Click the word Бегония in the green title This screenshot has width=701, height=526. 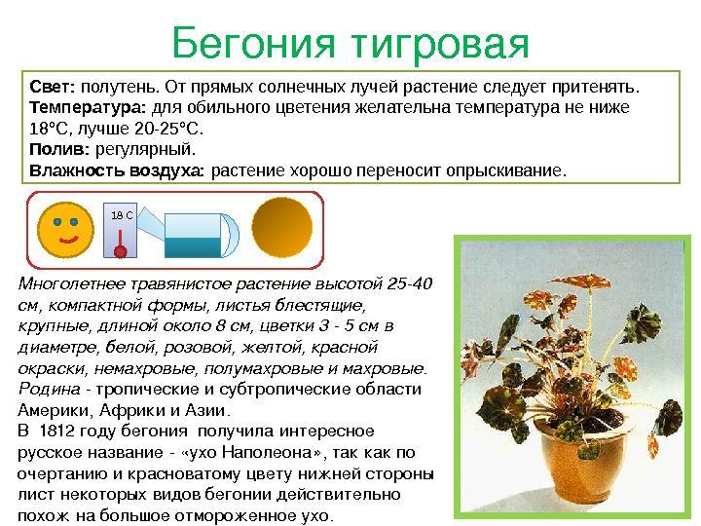click(x=253, y=44)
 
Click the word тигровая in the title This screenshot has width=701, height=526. click(x=439, y=45)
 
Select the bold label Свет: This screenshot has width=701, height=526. click(x=53, y=87)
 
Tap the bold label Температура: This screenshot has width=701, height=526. click(x=88, y=108)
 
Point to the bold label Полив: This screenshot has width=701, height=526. click(x=59, y=149)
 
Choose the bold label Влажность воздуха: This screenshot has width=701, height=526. click(x=117, y=170)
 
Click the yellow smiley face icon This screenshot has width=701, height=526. click(x=66, y=230)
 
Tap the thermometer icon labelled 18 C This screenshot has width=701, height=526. click(x=121, y=230)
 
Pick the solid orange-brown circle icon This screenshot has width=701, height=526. click(x=281, y=227)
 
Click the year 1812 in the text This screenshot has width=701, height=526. click(x=56, y=431)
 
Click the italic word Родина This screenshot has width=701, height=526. click(x=50, y=389)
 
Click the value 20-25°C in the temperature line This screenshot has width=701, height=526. click(x=168, y=129)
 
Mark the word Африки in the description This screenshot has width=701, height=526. click(x=127, y=410)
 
